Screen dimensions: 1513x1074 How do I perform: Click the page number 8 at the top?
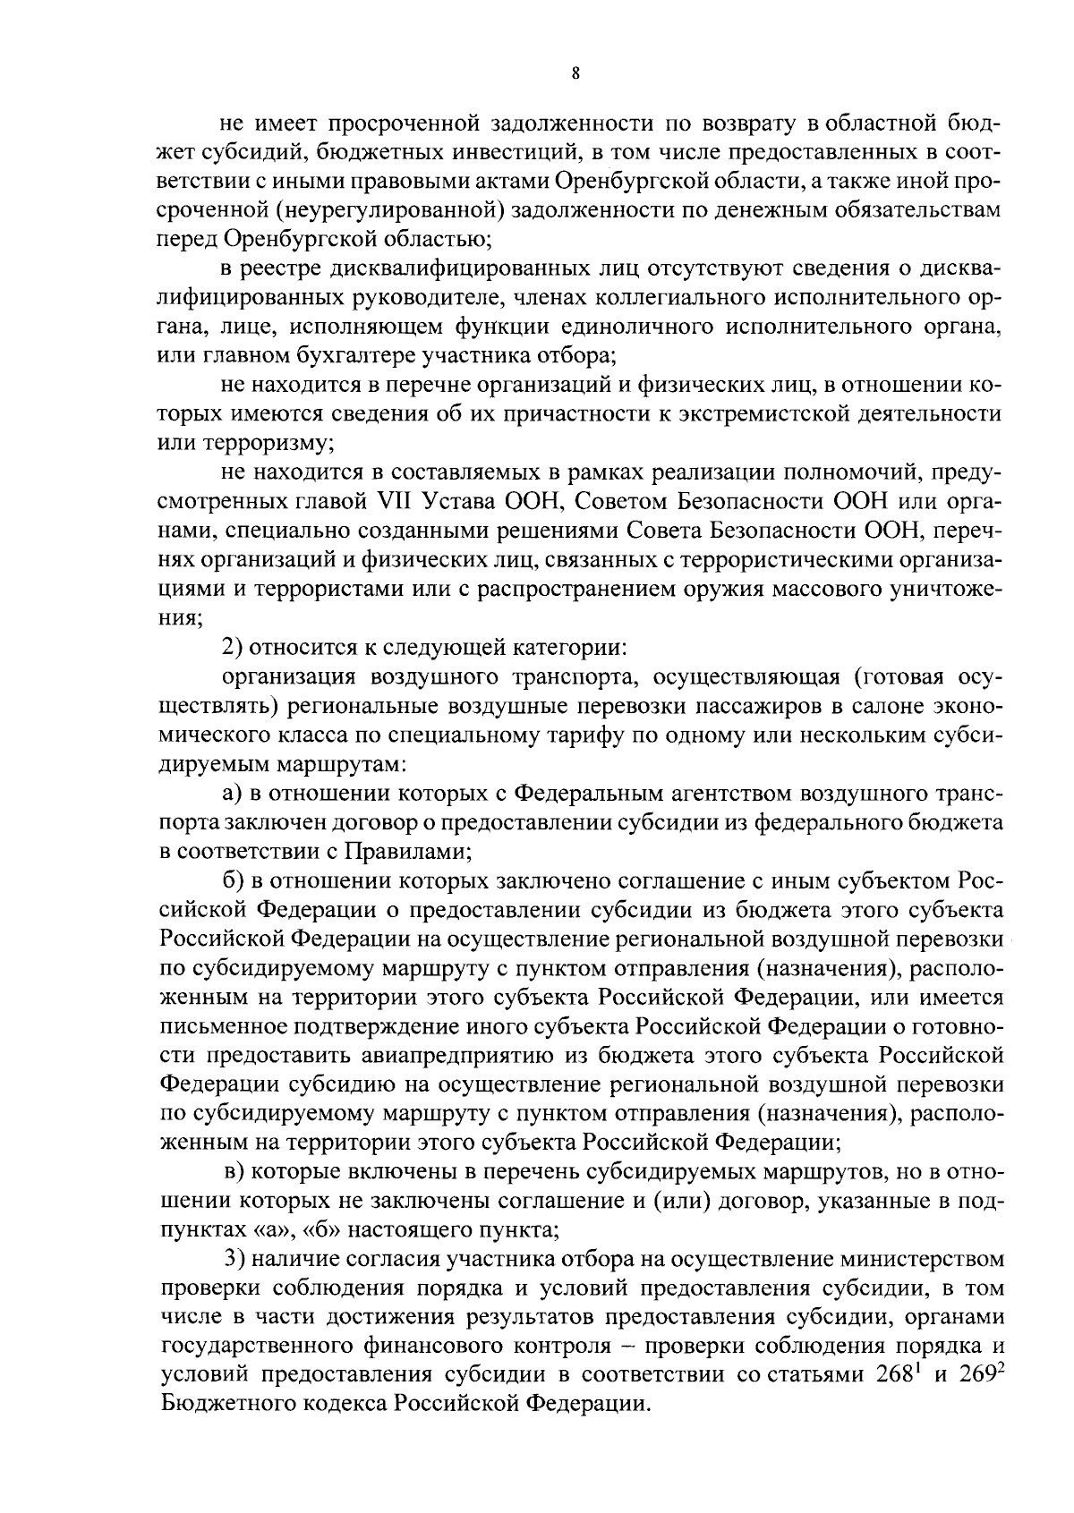tap(575, 75)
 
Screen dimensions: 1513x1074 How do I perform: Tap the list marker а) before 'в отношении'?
tap(234, 793)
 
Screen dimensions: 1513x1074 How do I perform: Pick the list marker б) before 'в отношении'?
tap(234, 880)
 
